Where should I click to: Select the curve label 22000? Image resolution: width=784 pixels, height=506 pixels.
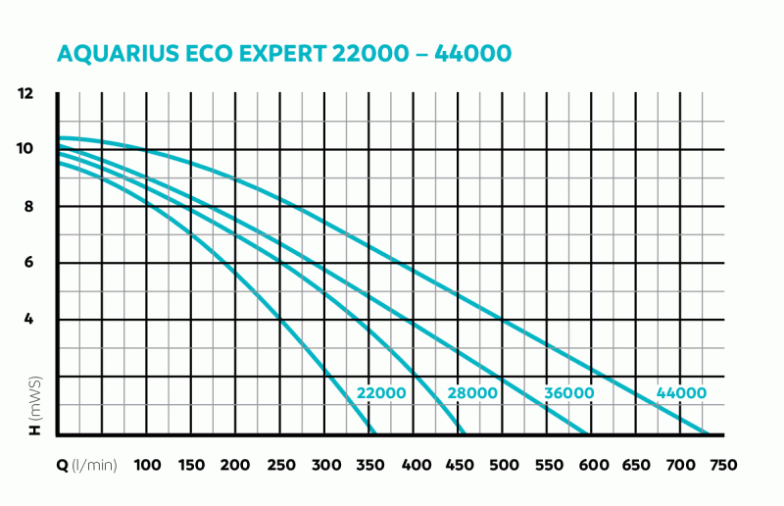pos(381,394)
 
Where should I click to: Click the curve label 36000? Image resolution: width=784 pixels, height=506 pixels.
pos(569,394)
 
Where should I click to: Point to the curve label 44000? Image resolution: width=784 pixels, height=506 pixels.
pos(681,394)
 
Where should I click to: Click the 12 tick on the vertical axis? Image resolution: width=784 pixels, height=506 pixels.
pos(25,94)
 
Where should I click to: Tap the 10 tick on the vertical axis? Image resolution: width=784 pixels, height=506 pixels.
pos(25,149)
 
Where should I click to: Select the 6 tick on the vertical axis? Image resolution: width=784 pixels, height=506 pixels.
pos(29,263)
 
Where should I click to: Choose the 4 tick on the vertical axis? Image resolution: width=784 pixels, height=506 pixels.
pos(29,320)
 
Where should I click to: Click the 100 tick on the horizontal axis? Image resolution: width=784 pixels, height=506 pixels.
pos(147,465)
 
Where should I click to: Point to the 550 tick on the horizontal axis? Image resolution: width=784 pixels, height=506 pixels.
pos(547,465)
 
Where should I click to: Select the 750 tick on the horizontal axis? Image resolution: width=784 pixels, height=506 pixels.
pos(723,465)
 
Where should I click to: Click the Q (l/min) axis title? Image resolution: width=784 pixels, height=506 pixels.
pos(86,465)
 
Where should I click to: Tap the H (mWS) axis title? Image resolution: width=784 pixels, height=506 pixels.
pos(35,408)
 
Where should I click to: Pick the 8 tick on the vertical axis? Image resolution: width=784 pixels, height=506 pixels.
pos(29,206)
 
